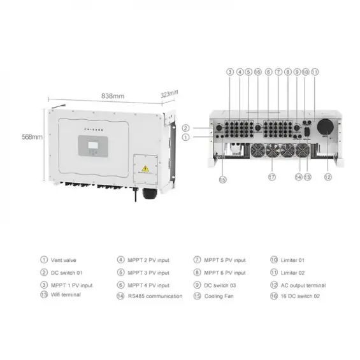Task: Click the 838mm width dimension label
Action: (113, 96)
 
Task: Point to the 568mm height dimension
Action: (31, 136)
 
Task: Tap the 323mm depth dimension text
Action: (169, 94)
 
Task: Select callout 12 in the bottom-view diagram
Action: (328, 176)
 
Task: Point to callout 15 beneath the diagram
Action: (223, 179)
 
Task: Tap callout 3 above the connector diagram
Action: (229, 73)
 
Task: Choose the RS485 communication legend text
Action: (155, 296)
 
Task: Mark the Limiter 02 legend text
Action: (292, 272)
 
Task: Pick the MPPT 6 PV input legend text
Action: (224, 272)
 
